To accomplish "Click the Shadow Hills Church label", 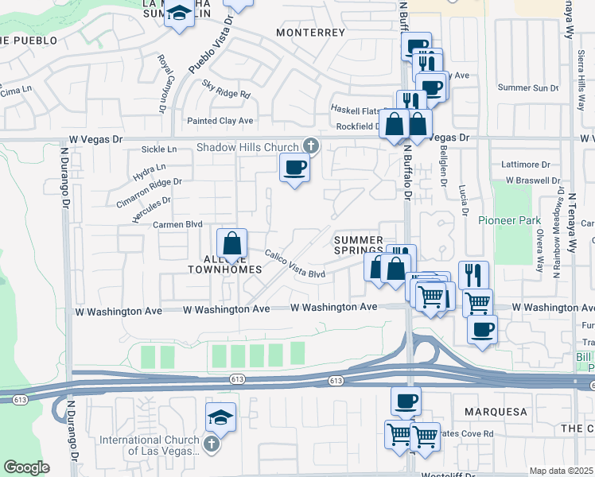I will tap(247, 147).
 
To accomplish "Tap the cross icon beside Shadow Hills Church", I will tap(310, 146).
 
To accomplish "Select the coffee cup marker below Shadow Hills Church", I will tap(294, 168).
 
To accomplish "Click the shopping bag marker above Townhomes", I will tap(231, 243).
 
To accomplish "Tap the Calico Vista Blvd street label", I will tap(294, 264).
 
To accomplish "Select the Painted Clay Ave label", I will tap(219, 121).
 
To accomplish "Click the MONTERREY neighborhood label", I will tap(310, 33).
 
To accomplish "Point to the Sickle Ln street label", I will tap(158, 149).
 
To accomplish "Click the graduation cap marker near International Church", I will tap(220, 416).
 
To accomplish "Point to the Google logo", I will tap(26, 467).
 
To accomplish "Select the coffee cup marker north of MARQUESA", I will tap(406, 400).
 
